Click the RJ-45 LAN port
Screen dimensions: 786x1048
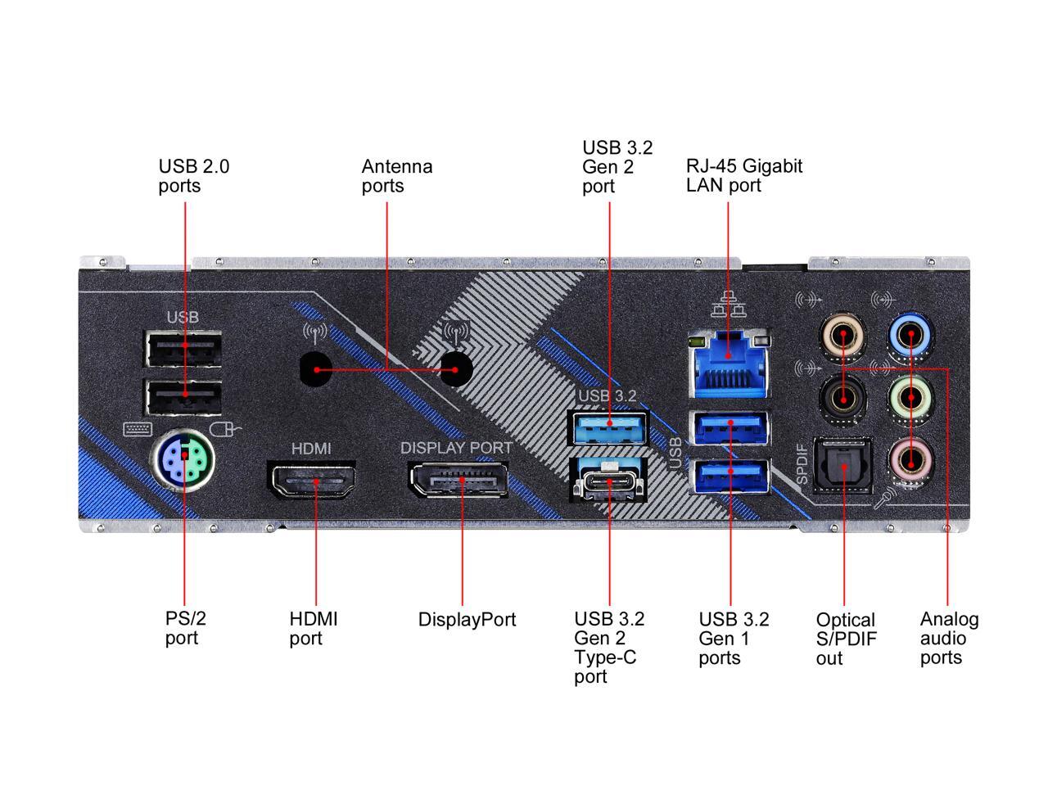coord(730,361)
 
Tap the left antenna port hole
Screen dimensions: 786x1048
coord(316,369)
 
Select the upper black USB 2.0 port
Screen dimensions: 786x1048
coord(183,349)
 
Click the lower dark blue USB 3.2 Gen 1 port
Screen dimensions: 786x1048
coord(730,477)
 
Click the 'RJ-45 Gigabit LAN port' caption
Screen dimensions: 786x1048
coord(743,175)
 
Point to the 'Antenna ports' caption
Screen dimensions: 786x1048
coord(396,175)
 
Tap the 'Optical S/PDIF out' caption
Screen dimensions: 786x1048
coord(846,639)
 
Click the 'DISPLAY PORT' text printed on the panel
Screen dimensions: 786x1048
coord(456,448)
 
